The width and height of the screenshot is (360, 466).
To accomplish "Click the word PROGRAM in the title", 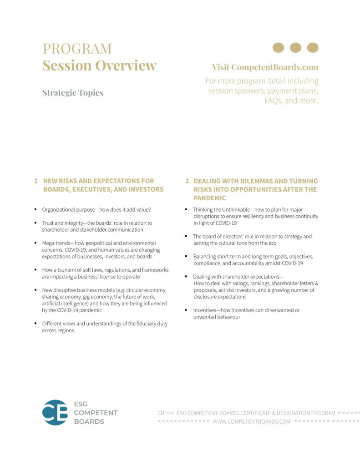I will click(77, 48).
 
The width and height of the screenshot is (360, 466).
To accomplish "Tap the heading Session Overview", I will click(99, 66).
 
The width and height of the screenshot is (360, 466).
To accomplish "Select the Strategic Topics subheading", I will click(73, 93).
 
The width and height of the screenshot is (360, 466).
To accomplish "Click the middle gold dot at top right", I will click(295, 47).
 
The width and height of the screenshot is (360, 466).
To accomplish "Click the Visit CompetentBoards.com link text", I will click(265, 67).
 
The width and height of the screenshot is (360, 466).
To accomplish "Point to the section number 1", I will click(35, 181).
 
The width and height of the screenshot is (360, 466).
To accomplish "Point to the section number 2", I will click(187, 181).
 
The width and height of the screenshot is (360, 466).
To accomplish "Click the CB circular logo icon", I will click(55, 412).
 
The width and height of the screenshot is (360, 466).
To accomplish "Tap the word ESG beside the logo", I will click(81, 404).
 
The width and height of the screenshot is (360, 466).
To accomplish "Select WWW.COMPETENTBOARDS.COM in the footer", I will click(251, 421).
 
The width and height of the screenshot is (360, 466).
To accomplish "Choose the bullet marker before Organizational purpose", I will click(35, 210).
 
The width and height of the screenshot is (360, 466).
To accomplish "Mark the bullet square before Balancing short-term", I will click(187, 257).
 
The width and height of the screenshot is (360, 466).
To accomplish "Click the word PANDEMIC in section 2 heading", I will click(209, 198).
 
